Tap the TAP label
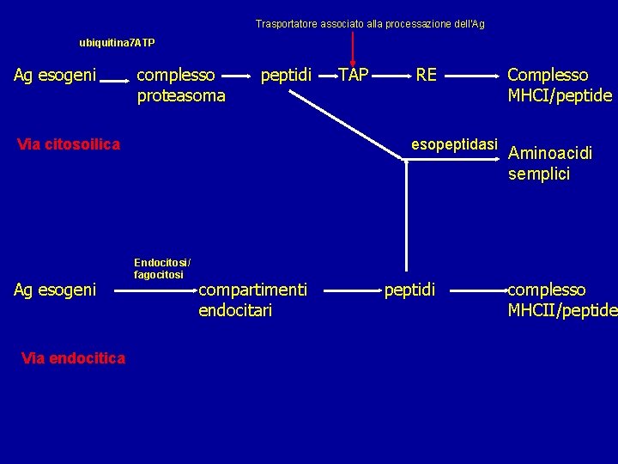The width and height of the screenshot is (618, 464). point(353,76)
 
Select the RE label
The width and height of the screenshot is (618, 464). point(426,76)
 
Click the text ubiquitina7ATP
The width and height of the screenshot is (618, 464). point(117,42)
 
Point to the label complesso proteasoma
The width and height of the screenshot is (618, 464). point(181,85)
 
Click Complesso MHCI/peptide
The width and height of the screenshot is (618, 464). point(560,85)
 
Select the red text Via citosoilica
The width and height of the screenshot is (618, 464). point(69,144)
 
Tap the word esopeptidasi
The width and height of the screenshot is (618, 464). point(454,143)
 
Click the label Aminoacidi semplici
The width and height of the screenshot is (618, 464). point(550,163)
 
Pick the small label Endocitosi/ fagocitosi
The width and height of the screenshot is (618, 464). point(162,268)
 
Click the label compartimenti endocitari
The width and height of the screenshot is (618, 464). point(252,300)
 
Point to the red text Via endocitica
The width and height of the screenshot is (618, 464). point(73,357)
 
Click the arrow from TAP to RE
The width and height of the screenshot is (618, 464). point(391,76)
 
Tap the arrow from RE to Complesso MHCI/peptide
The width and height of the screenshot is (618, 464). point(472,76)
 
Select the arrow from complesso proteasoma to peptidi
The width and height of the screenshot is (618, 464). point(244,76)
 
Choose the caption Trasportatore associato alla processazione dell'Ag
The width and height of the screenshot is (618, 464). point(370,24)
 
